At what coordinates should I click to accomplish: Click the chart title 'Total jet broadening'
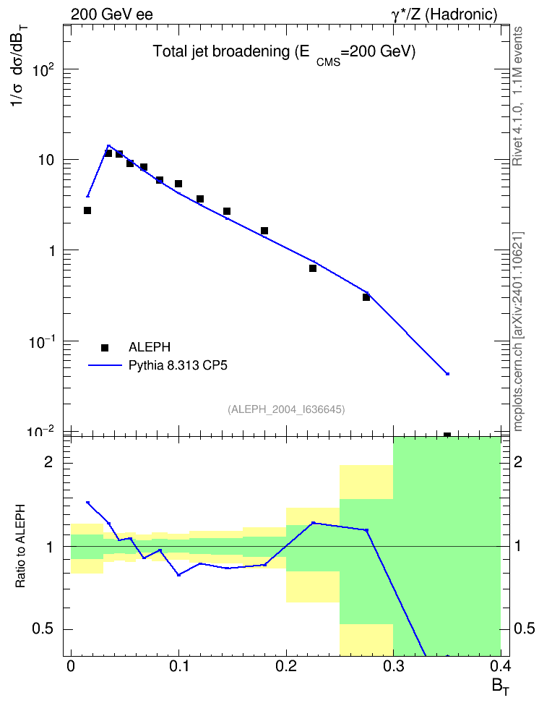(221, 51)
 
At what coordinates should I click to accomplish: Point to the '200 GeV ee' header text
(111, 14)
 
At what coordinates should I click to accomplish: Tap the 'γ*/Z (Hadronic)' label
(444, 14)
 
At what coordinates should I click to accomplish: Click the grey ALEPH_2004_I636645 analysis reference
(286, 409)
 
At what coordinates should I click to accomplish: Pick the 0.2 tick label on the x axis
(286, 666)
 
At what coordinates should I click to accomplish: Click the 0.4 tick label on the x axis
(501, 666)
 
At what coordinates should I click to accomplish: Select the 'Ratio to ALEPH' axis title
(20, 546)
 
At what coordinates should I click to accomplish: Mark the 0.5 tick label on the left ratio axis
(43, 629)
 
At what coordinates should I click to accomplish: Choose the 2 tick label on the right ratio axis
(517, 461)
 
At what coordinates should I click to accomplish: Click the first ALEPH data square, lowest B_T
(87, 210)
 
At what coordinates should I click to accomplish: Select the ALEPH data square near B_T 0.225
(313, 268)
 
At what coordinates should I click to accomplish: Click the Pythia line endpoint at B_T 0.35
(447, 373)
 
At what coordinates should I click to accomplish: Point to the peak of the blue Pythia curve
(108, 145)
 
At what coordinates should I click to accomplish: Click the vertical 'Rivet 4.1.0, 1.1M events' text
(517, 96)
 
